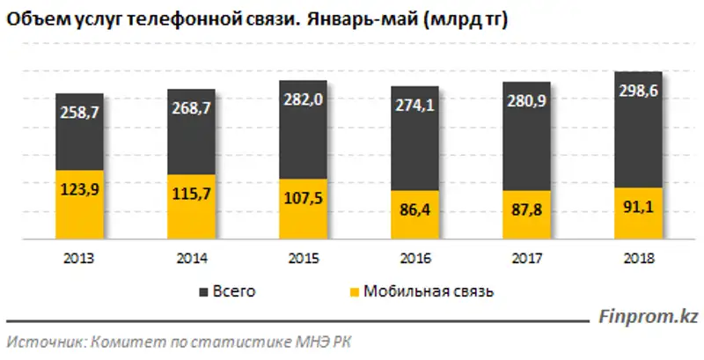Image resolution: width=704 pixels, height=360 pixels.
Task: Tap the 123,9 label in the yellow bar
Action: tap(79, 188)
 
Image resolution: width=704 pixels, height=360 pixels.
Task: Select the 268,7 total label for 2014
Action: tap(191, 109)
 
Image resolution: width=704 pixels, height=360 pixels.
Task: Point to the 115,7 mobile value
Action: tap(191, 194)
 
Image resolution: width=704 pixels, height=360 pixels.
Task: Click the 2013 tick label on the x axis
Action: tap(79, 260)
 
